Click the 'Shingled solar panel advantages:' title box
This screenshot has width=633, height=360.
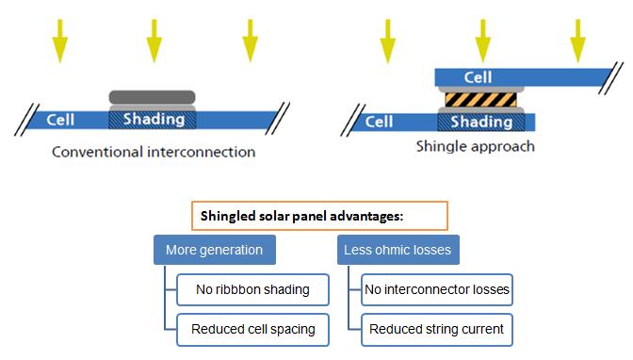pos(318,216)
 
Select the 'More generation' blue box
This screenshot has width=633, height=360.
pos(214,250)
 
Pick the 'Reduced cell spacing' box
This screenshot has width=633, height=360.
pos(252,329)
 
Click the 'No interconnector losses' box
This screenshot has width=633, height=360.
pos(437,289)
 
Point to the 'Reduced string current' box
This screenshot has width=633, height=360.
pos(437,329)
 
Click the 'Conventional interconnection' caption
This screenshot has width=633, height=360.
pos(154,151)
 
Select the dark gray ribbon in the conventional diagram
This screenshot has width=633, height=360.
pos(153,96)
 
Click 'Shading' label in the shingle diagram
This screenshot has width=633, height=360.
pos(481,122)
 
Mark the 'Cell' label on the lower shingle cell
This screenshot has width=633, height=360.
pos(379,122)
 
